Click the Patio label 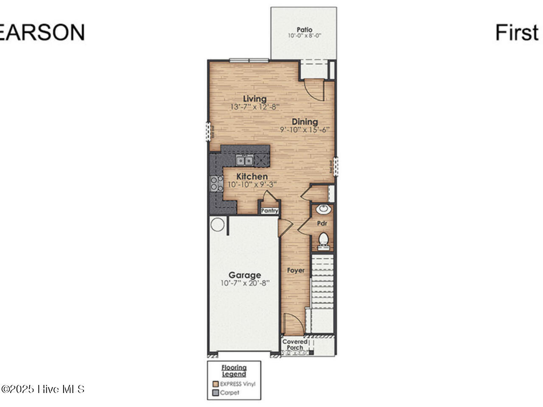304,30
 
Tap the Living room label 255,99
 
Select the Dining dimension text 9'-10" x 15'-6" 305,130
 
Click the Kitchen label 252,176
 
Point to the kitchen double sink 245,161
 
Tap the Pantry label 269,211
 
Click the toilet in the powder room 324,239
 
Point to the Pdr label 322,223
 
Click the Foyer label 296,270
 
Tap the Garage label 245,275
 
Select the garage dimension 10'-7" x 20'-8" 245,283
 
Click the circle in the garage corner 218,224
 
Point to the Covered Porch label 294,344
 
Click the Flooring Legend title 234,371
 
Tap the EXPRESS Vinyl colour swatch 216,384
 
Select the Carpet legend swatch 216,393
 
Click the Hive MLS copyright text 43,389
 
